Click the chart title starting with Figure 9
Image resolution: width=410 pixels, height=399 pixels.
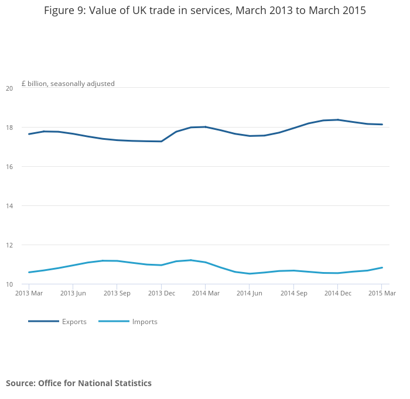205,11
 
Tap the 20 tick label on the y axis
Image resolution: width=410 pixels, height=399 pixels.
9,88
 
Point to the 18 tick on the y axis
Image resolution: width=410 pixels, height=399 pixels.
9,128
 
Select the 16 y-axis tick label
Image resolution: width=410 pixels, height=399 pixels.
9,167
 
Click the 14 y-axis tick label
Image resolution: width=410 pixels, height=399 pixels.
9,206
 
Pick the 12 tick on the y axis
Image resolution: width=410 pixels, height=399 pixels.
9,245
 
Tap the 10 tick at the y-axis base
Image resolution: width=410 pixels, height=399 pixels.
9,284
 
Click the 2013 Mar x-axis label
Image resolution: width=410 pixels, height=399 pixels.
29,293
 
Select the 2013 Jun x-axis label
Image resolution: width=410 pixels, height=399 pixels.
73,293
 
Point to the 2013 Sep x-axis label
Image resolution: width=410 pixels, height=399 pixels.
117,293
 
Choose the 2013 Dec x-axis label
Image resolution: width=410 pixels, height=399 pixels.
161,293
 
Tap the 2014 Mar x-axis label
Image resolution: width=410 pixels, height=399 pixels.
205,293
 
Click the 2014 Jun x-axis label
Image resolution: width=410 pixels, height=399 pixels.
249,293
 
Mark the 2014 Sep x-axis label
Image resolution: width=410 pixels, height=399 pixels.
293,293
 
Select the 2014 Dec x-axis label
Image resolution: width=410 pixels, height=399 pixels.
337,293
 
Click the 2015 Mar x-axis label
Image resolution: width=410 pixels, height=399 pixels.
381,293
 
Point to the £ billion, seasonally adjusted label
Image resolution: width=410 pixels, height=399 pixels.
68,84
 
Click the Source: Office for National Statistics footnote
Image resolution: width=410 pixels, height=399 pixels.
78,383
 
